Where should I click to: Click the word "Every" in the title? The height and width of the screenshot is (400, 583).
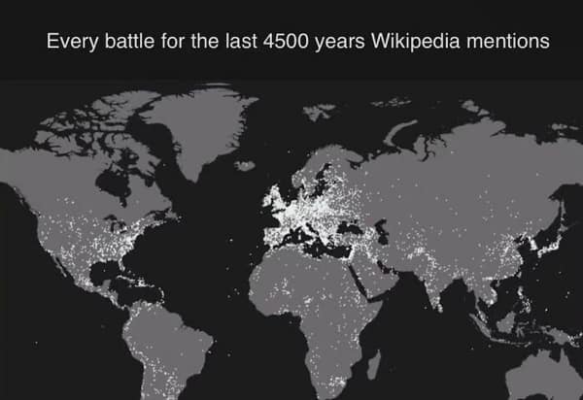click(70, 43)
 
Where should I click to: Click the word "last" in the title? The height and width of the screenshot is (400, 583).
click(238, 43)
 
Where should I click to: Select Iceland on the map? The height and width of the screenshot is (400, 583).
click(246, 165)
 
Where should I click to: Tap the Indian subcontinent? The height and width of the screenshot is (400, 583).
click(434, 277)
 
